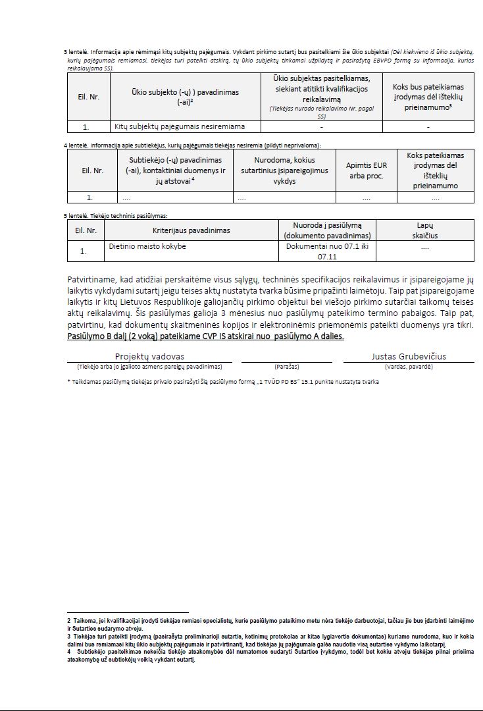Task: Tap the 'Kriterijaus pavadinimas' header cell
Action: pos(191,230)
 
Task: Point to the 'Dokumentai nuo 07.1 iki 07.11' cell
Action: pos(327,250)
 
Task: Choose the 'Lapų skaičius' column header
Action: pos(425,230)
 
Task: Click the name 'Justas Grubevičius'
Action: pos(409,356)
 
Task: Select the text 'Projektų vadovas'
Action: pos(149,356)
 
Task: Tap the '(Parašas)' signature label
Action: pos(286,365)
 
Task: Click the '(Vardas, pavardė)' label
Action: pos(409,365)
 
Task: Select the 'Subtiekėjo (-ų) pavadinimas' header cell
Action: pos(176,171)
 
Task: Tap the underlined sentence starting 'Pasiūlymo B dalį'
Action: pos(205,336)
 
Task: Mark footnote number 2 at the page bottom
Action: pos(68,620)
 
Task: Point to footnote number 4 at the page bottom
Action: pos(68,651)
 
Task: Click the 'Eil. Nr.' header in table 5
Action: pos(86,230)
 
